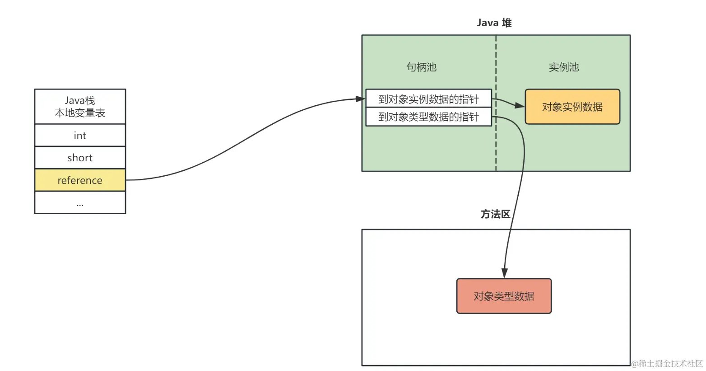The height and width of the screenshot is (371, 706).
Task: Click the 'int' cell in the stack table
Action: pos(80,136)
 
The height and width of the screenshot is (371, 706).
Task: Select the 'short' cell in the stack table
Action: pos(80,158)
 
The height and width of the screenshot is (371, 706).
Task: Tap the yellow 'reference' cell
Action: pos(80,180)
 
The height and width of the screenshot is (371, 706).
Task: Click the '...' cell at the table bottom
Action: pos(80,203)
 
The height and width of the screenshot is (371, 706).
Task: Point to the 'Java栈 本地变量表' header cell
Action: pos(80,107)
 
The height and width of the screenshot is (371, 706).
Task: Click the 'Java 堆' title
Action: pos(494,23)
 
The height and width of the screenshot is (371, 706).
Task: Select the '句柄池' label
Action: pos(422,67)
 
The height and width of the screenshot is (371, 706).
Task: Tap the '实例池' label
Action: pos(564,67)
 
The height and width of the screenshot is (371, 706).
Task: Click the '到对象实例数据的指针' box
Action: pos(428,99)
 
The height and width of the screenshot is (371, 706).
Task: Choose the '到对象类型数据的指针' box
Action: pos(428,117)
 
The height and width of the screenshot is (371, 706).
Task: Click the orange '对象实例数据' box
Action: pos(572,107)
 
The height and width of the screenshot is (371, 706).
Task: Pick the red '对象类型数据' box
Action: pos(504,296)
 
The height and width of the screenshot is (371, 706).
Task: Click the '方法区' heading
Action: pos(495,214)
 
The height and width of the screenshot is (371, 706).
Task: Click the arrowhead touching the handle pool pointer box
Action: pos(361,99)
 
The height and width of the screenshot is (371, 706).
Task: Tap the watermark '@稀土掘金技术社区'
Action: pos(667,363)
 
